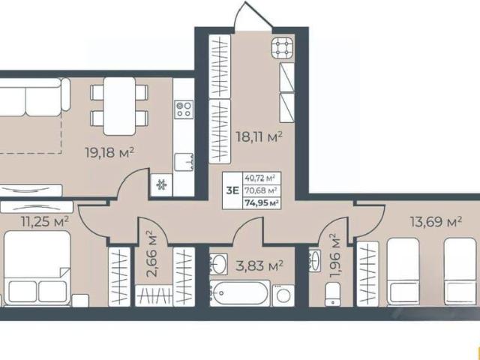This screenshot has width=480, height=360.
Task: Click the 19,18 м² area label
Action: click(x=109, y=152)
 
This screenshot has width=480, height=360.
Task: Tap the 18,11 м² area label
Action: click(x=259, y=136)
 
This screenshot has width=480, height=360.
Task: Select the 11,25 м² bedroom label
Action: click(x=45, y=221)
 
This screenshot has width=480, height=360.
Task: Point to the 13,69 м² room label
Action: click(x=436, y=222)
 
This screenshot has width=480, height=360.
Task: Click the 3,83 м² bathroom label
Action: click(x=259, y=265)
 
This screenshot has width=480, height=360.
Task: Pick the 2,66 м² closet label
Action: click(x=152, y=253)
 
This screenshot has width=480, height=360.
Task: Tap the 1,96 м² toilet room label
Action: click(x=334, y=256)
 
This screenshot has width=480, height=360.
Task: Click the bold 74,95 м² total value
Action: click(x=261, y=202)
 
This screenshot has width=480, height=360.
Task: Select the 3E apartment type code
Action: click(x=232, y=190)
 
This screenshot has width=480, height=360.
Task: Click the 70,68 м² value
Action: click(x=261, y=190)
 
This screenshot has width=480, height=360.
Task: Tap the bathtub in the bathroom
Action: click(x=240, y=293)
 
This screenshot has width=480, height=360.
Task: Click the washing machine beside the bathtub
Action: click(x=283, y=295)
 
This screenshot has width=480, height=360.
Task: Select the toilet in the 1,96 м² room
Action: click(x=332, y=294)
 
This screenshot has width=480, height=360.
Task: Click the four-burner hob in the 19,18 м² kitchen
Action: click(x=184, y=109)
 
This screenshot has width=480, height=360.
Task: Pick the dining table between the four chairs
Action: click(x=119, y=106)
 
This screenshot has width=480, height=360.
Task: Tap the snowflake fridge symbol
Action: click(x=161, y=185)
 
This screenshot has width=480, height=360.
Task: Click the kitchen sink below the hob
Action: click(x=184, y=162)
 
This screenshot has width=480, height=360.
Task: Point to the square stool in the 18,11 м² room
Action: click(x=282, y=48)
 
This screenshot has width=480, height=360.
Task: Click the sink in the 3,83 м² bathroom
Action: click(x=218, y=264)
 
